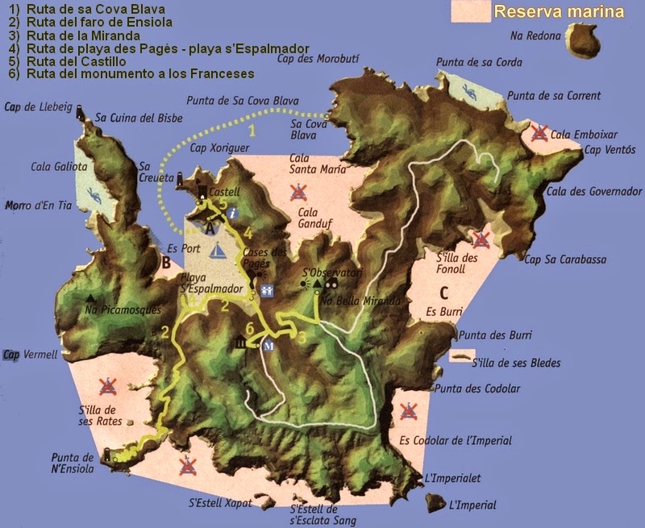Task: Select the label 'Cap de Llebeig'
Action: [x=38, y=106]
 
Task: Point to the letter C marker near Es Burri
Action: [x=443, y=293]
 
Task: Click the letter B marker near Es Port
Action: [x=165, y=261]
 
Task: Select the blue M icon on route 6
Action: [x=269, y=344]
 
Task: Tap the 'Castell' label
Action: [x=224, y=193]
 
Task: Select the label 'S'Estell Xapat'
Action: [x=220, y=503]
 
